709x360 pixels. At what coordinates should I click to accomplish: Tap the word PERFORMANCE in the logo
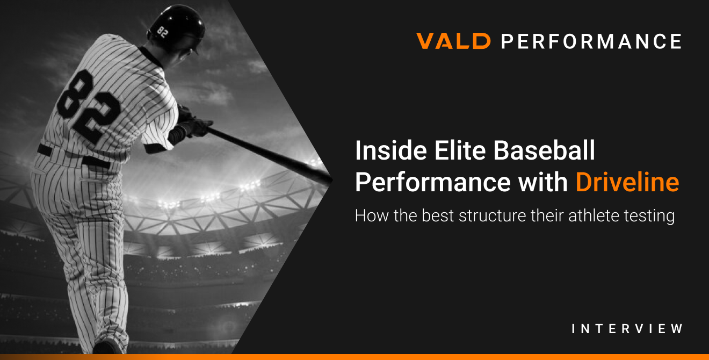pos(591,41)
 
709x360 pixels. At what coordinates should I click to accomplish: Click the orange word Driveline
pos(627,183)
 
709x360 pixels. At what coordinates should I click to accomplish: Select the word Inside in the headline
pos(387,152)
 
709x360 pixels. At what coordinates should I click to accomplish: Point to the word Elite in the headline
pos(457,152)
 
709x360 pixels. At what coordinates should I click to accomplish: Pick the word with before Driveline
pos(546,183)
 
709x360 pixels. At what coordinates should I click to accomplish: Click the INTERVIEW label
pos(627,329)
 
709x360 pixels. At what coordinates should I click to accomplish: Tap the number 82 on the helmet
pos(162,31)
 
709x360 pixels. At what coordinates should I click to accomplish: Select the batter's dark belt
pos(75,156)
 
